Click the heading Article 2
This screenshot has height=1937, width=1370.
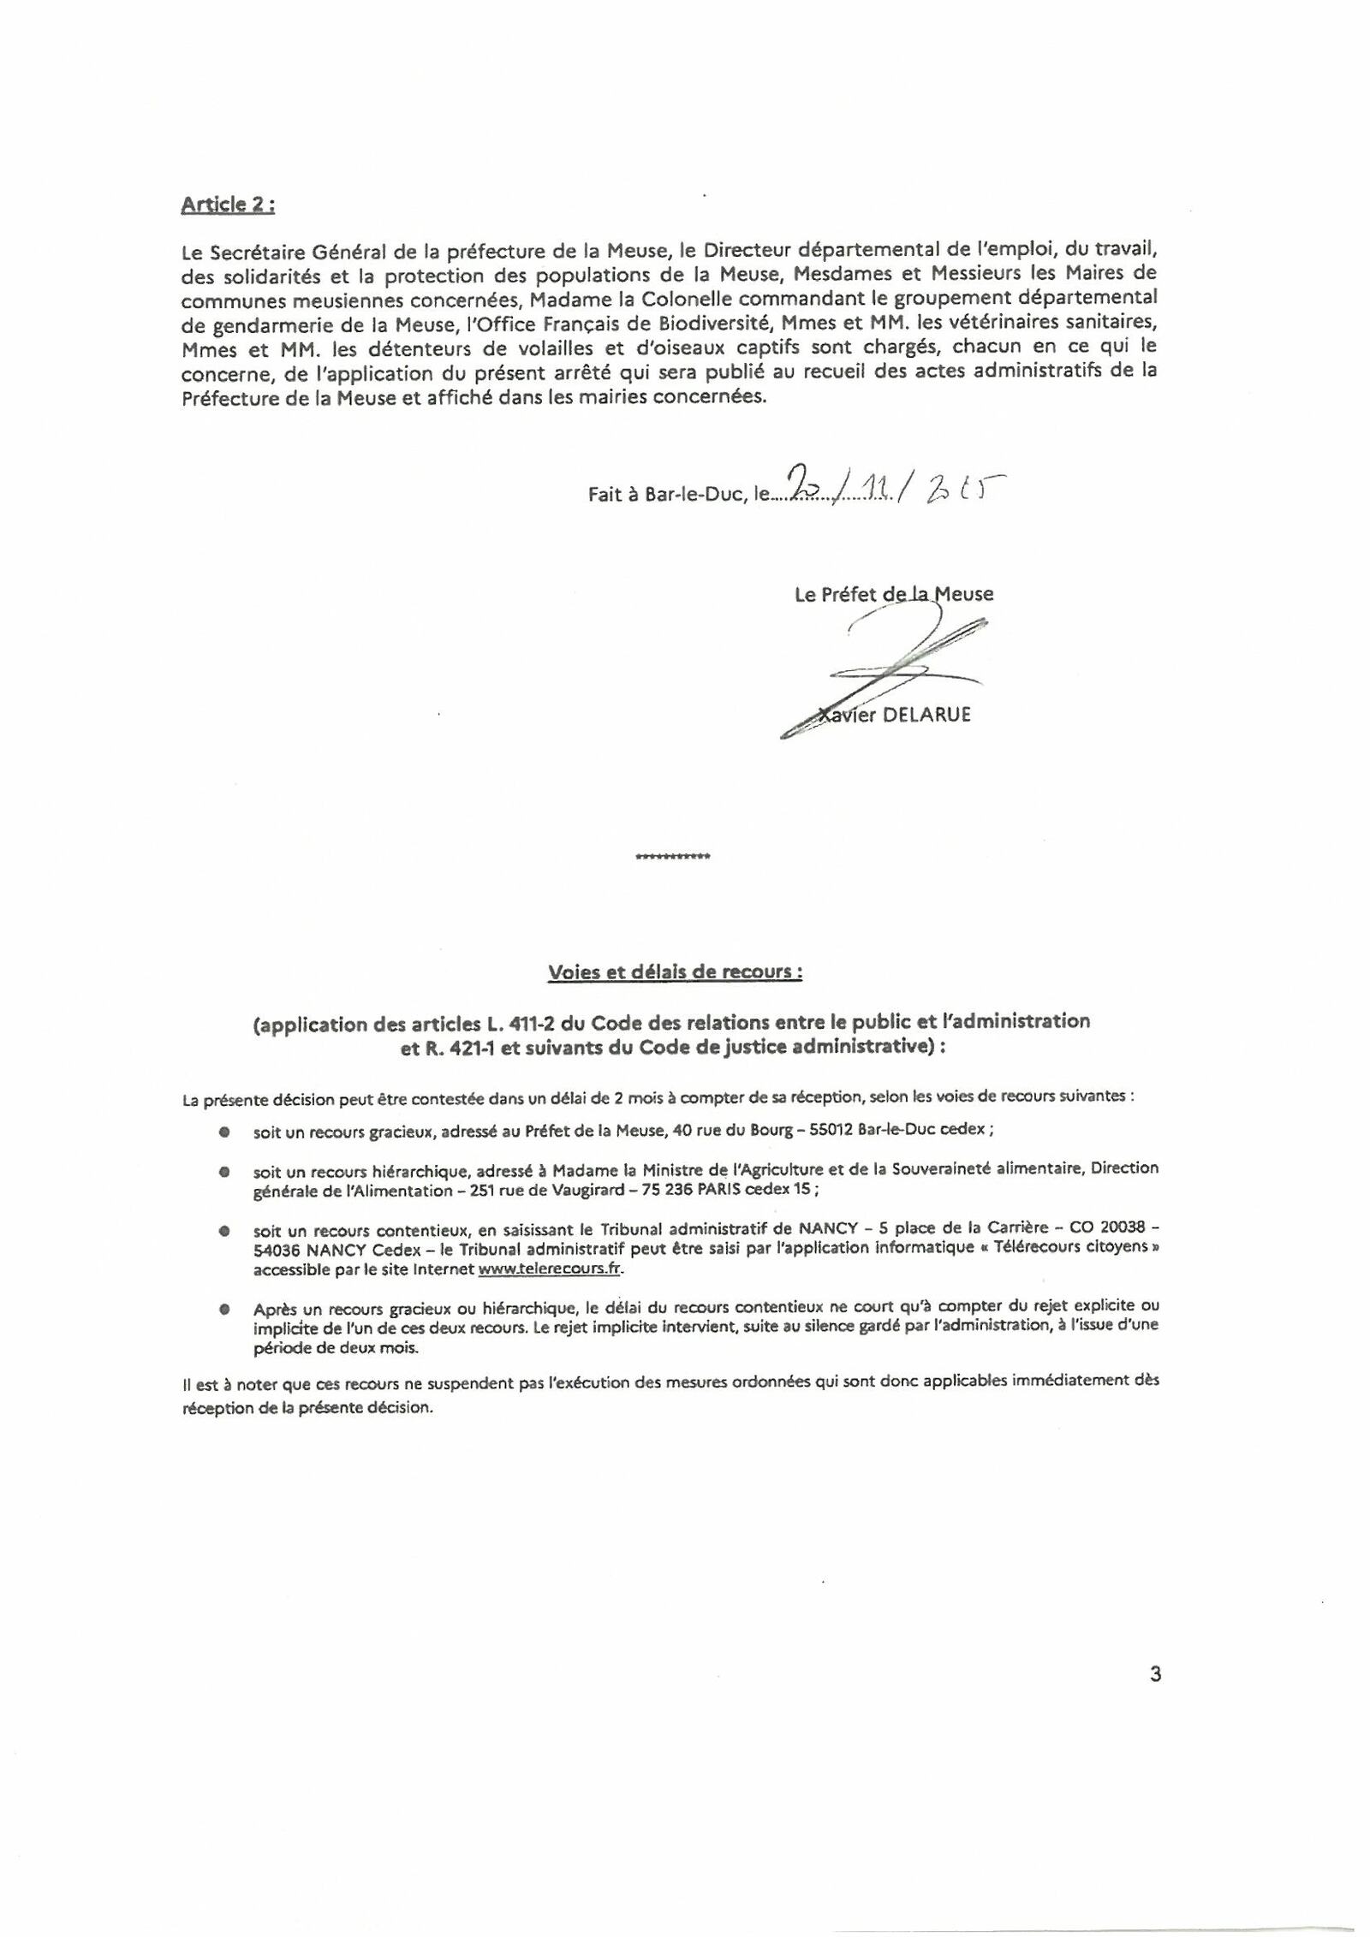(227, 205)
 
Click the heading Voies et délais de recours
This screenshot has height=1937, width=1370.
(675, 972)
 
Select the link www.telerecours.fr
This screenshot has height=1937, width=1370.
(548, 1269)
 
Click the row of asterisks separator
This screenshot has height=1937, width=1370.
(671, 856)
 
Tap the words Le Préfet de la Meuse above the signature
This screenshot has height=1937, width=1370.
(893, 594)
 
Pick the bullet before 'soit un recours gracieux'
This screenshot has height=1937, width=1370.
(223, 1131)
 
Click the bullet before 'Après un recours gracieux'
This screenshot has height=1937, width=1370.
(223, 1309)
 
